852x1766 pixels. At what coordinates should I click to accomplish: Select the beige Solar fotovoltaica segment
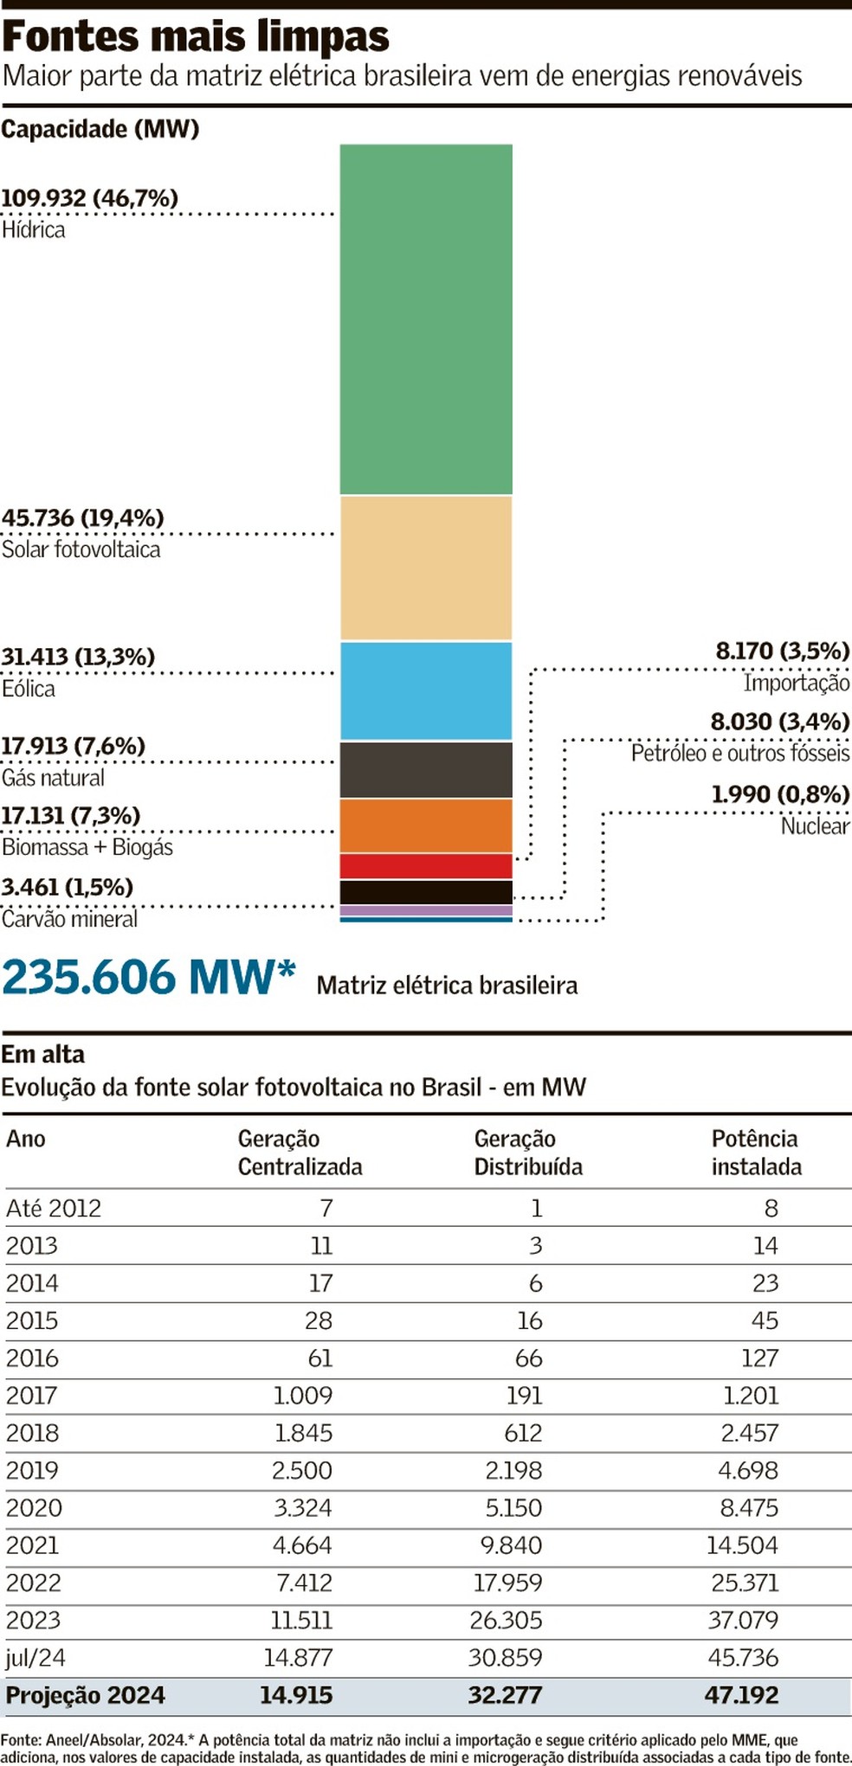[x=425, y=567]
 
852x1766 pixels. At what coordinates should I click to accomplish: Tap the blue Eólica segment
[x=425, y=690]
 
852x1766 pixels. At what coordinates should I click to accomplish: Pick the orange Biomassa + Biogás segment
[x=425, y=825]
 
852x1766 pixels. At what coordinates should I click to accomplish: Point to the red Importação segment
[x=425, y=865]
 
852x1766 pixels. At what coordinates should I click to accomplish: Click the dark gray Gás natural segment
[x=425, y=769]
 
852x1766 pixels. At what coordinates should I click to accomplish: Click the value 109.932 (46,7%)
[x=90, y=198]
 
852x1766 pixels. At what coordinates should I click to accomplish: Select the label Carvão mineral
[x=70, y=919]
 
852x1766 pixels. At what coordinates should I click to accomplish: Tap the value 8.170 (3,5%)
[x=782, y=651]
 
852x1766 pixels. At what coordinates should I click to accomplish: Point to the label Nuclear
[x=815, y=826]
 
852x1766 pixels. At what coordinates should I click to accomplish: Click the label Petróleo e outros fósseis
[x=739, y=754]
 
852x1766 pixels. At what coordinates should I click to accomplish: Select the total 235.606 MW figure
[x=149, y=978]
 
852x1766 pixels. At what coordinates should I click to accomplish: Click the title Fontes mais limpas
[x=196, y=37]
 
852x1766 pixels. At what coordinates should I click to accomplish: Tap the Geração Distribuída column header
[x=527, y=1153]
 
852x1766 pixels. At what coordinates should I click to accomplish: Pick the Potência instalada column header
[x=756, y=1153]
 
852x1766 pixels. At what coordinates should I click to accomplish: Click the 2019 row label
[x=32, y=1470]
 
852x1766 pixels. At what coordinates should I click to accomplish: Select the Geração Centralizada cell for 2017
[x=303, y=1395]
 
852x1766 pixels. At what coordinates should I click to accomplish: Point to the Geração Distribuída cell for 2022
[x=507, y=1583]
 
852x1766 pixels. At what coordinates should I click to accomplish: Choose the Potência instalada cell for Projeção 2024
[x=741, y=1695]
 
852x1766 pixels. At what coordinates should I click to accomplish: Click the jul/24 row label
[x=35, y=1658]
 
